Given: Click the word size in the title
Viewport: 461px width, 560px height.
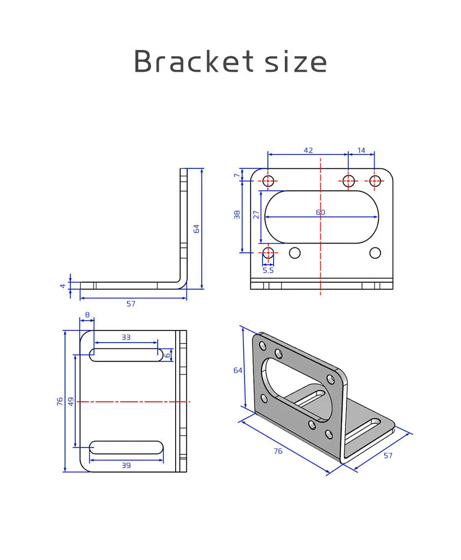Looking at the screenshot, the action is pyautogui.click(x=296, y=62).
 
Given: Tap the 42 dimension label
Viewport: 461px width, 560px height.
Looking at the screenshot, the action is pyautogui.click(x=308, y=150).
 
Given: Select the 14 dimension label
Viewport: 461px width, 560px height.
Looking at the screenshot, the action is pyautogui.click(x=362, y=150).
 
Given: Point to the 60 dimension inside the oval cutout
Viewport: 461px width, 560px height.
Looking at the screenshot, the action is pyautogui.click(x=320, y=212).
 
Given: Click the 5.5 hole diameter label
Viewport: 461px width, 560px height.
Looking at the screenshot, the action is pyautogui.click(x=268, y=270).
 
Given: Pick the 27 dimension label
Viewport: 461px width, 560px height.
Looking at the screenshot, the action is pyautogui.click(x=256, y=214).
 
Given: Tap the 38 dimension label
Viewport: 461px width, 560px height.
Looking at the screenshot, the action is pyautogui.click(x=237, y=214).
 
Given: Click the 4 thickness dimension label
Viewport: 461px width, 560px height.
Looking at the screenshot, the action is pyautogui.click(x=63, y=286).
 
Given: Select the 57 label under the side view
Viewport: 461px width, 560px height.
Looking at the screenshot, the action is pyautogui.click(x=131, y=304).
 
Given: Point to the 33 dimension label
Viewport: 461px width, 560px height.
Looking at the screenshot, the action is pyautogui.click(x=126, y=337).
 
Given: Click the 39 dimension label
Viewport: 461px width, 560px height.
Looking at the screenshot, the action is pyautogui.click(x=126, y=465).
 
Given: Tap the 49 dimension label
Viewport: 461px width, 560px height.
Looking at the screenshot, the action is pyautogui.click(x=71, y=401).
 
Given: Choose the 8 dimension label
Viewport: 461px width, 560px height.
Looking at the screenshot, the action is pyautogui.click(x=87, y=314).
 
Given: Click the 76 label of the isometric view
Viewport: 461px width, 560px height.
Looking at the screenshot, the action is pyautogui.click(x=278, y=451).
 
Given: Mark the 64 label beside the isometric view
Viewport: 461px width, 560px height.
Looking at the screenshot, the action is pyautogui.click(x=238, y=370).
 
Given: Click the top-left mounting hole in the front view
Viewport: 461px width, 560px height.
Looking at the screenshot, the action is pyautogui.click(x=268, y=181).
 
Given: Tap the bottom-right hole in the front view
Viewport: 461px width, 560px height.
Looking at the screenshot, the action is pyautogui.click(x=375, y=253).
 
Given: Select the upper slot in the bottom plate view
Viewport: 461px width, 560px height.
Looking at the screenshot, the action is pyautogui.click(x=126, y=355).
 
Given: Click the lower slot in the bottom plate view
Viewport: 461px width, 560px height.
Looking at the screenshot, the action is pyautogui.click(x=126, y=447).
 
